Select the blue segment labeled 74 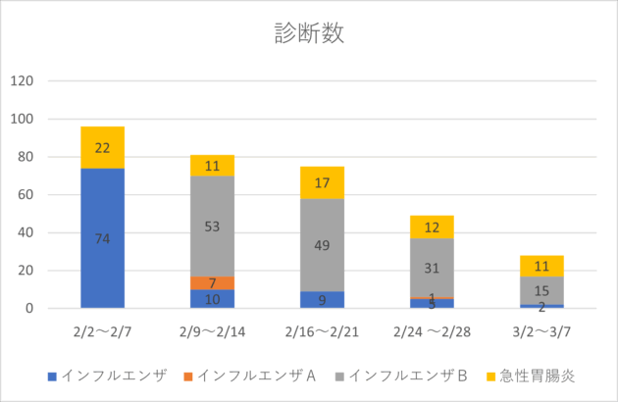[102, 238]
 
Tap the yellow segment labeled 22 [102, 147]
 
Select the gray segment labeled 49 [323, 245]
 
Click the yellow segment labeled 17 [323, 182]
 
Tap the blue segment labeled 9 [323, 300]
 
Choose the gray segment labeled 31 [433, 268]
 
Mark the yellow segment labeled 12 [433, 227]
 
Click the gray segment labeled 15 [541, 291]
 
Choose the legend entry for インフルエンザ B [408, 376]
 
